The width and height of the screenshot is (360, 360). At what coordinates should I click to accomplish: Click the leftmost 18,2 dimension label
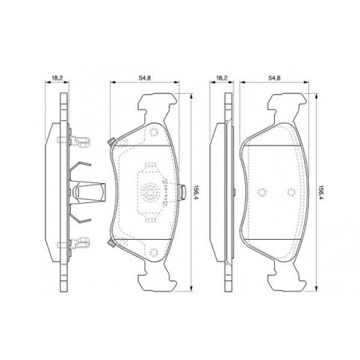point(57,78)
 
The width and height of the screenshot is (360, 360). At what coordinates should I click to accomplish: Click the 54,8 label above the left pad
point(145,78)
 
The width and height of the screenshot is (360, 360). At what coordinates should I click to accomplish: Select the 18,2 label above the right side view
point(221,78)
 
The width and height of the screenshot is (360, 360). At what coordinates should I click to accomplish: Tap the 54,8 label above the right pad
point(275,78)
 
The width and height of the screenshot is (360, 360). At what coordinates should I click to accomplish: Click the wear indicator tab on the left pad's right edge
point(182,192)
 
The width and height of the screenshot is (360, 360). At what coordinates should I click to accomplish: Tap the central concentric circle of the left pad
point(149,192)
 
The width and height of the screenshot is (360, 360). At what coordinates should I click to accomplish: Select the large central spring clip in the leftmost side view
point(88,192)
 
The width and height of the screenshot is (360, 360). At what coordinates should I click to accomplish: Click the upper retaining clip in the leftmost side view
point(74,140)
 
